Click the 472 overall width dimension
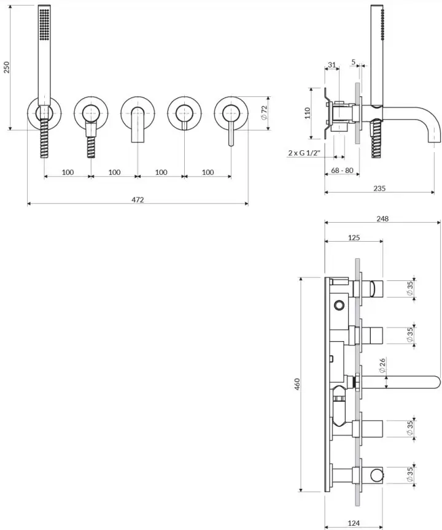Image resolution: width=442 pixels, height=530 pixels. tap(138, 200)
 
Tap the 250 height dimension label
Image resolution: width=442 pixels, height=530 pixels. tap(6, 67)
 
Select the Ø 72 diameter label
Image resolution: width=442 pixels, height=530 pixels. tap(264, 112)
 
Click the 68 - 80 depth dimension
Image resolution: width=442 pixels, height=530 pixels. tap(342, 171)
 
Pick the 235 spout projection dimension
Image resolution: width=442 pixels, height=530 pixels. tap(379, 188)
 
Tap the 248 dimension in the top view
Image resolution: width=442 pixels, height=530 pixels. tap(382, 219)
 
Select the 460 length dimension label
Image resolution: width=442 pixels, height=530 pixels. tap(297, 385)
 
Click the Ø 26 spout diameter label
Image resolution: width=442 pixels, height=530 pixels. tap(382, 366)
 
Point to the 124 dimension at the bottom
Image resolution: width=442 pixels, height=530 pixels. tap(354, 523)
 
